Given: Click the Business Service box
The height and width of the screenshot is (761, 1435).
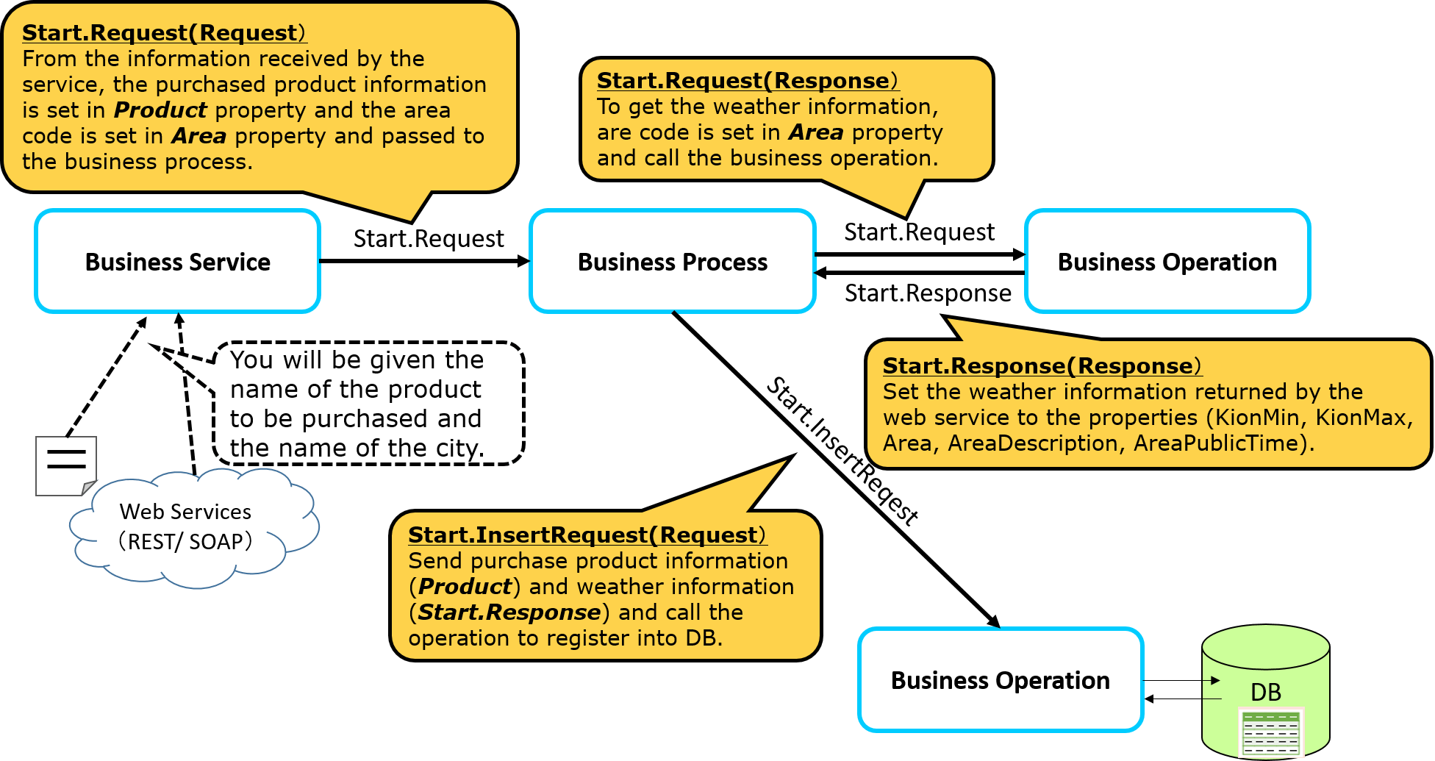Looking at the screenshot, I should [177, 262].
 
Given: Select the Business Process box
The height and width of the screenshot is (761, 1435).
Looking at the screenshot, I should [672, 262].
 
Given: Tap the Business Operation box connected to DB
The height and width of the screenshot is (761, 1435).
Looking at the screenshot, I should [1000, 680].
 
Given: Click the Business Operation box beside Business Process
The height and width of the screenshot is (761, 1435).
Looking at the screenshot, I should [1167, 262].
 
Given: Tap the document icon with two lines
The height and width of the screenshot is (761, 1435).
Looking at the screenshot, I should [65, 465].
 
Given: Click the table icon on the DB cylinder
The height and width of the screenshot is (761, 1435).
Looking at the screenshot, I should [1270, 732].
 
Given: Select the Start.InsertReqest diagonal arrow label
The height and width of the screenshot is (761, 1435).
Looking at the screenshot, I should [842, 450].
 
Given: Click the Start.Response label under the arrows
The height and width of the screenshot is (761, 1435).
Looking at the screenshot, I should [928, 293].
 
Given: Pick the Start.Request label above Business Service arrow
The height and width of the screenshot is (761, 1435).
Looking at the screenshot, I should [429, 239].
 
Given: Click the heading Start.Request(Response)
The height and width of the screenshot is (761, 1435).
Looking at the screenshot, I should [748, 80].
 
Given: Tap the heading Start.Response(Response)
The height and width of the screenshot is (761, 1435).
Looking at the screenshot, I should [1042, 365].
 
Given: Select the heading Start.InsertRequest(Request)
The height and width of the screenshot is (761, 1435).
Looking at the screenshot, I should [587, 535].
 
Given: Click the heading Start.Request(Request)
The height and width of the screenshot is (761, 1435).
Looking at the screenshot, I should [164, 33].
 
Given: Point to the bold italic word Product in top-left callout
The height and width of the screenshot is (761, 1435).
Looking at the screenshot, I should [160, 110].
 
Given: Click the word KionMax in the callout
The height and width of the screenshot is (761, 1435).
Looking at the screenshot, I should [1361, 418].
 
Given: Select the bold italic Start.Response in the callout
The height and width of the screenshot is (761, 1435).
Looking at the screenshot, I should [509, 612].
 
